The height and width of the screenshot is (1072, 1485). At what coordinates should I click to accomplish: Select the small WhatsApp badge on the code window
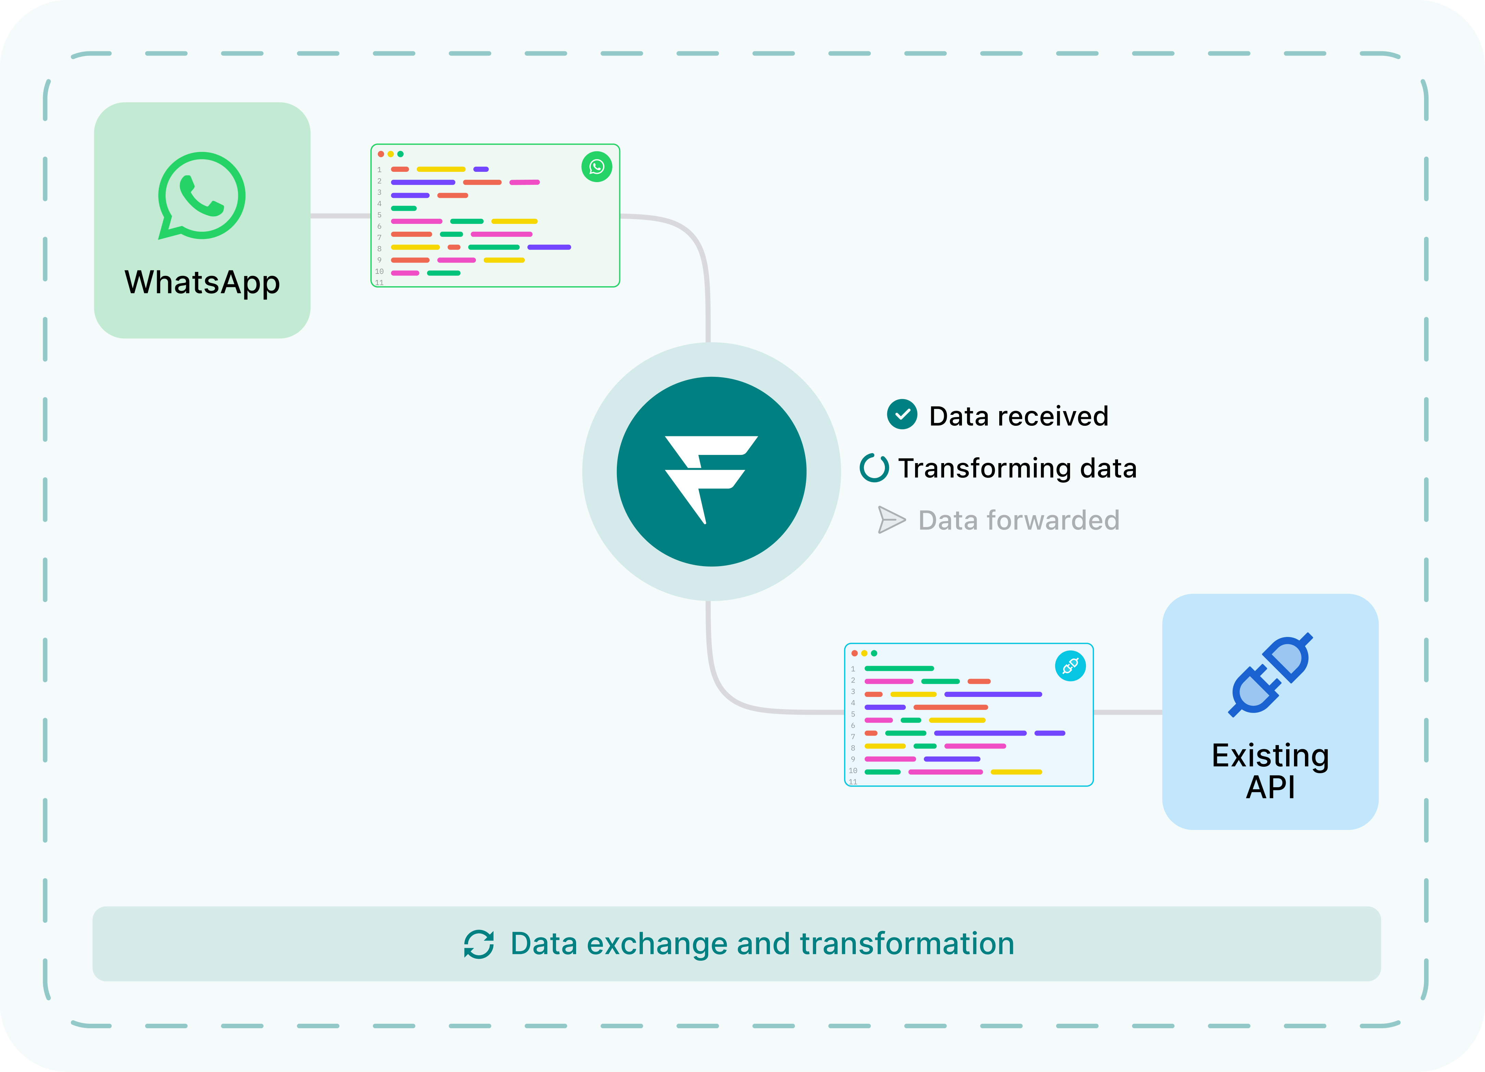coord(596,167)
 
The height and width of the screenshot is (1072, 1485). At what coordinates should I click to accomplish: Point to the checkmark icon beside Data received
coord(902,414)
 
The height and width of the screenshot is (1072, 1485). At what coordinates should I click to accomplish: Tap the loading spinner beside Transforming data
coord(874,468)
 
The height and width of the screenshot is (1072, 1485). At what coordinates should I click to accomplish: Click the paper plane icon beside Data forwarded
coord(891,520)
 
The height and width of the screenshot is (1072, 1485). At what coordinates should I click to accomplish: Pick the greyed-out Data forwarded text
coord(1019,521)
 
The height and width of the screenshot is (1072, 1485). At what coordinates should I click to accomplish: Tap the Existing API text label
coord(1270,771)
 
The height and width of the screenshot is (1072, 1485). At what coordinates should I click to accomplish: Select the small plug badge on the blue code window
coord(1070,666)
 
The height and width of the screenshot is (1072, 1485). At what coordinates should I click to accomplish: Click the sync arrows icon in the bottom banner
coord(479,944)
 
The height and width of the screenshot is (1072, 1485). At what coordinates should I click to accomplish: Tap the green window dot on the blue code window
coord(874,653)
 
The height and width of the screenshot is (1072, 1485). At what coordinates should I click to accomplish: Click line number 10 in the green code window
coord(379,271)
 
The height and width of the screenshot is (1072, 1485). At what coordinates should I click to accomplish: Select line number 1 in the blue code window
coord(853,668)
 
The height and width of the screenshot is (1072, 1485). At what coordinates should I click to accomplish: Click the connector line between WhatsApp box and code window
coord(341,215)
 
